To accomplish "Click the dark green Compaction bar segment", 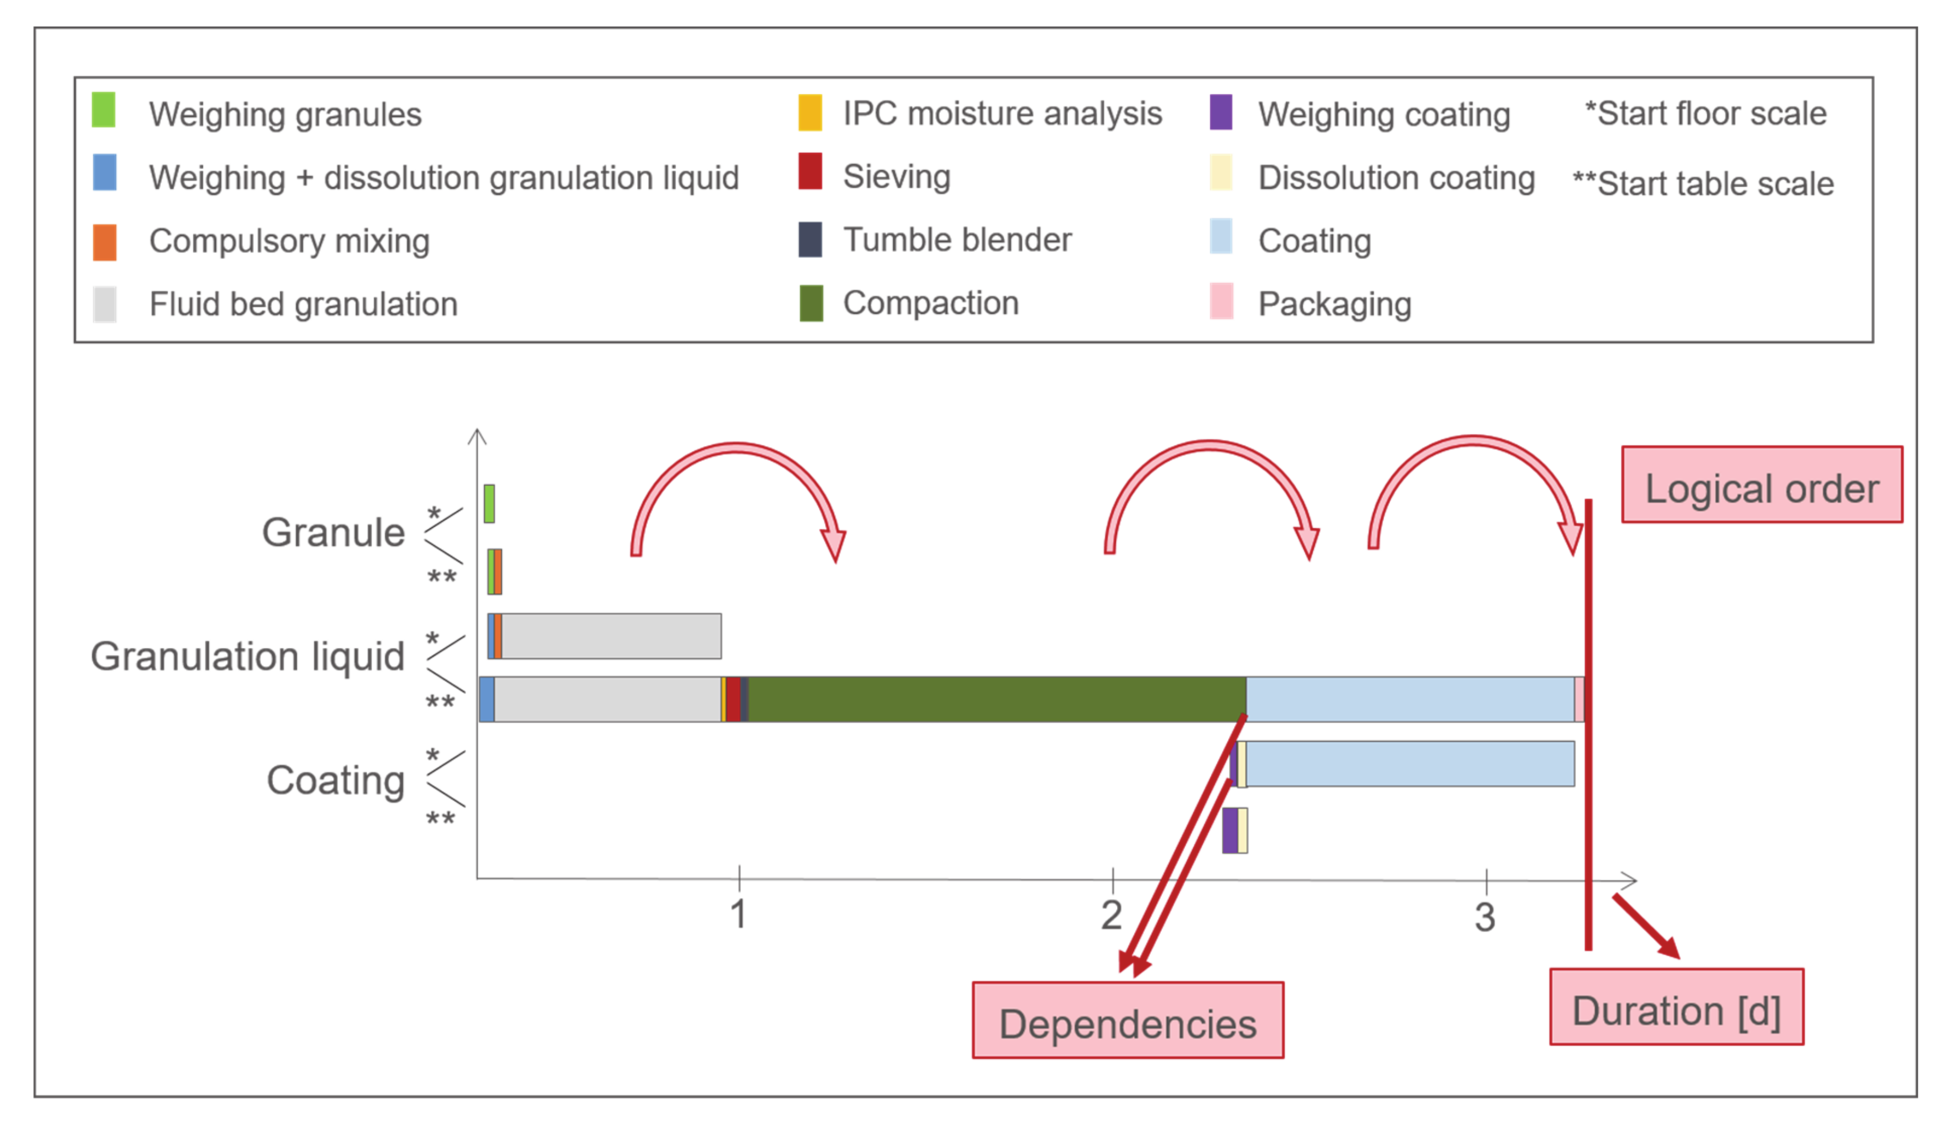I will point(997,699).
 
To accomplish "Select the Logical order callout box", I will point(1762,485).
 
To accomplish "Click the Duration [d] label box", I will point(1676,1007).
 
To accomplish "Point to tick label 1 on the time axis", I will point(738,914).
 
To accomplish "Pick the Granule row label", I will point(333,532).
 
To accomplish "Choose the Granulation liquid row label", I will point(247,657).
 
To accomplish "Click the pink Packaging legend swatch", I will point(1221,301).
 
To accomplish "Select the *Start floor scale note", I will point(1705,113).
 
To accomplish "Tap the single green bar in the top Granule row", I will point(489,504).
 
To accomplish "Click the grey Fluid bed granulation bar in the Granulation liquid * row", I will point(611,636).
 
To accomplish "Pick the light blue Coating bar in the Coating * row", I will point(1409,764).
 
